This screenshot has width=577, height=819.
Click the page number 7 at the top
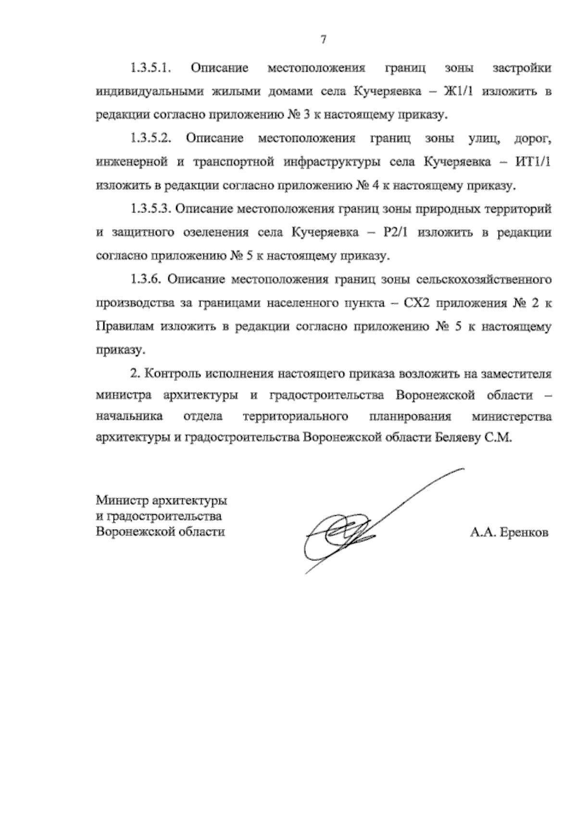(323, 40)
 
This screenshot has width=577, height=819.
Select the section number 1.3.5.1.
(151, 69)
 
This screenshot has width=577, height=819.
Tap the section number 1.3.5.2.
(151, 139)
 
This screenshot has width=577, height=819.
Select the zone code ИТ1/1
(534, 162)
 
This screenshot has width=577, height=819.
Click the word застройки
(522, 69)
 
